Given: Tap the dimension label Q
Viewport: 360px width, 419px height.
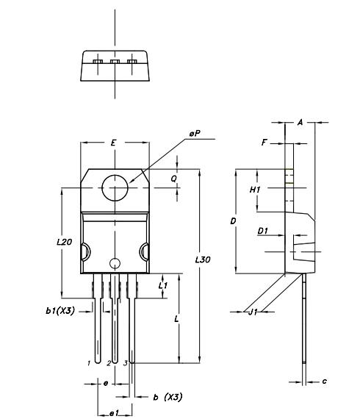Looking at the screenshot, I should pos(174,179).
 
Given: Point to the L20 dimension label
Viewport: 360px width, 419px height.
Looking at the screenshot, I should pos(64,242).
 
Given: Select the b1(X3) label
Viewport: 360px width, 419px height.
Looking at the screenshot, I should pos(60,312).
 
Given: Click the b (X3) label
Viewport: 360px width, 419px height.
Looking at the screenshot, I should pos(167,397).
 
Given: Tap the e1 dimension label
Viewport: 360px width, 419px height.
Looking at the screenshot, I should pos(114,414).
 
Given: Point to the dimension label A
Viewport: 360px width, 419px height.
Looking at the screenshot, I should pos(300,123).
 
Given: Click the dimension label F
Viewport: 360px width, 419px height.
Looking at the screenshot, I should pos(264,143).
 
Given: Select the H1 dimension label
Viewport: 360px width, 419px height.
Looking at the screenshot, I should pos(256,190).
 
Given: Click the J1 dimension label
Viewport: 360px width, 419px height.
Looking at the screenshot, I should pos(253,312).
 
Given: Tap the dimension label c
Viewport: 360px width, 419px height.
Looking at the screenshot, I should pos(324,382).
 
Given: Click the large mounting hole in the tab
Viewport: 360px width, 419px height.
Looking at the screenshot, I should pos(114,188).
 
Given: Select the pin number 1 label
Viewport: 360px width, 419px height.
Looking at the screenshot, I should pos(88,363).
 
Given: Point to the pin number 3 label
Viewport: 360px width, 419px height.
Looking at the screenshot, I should pos(125,363).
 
